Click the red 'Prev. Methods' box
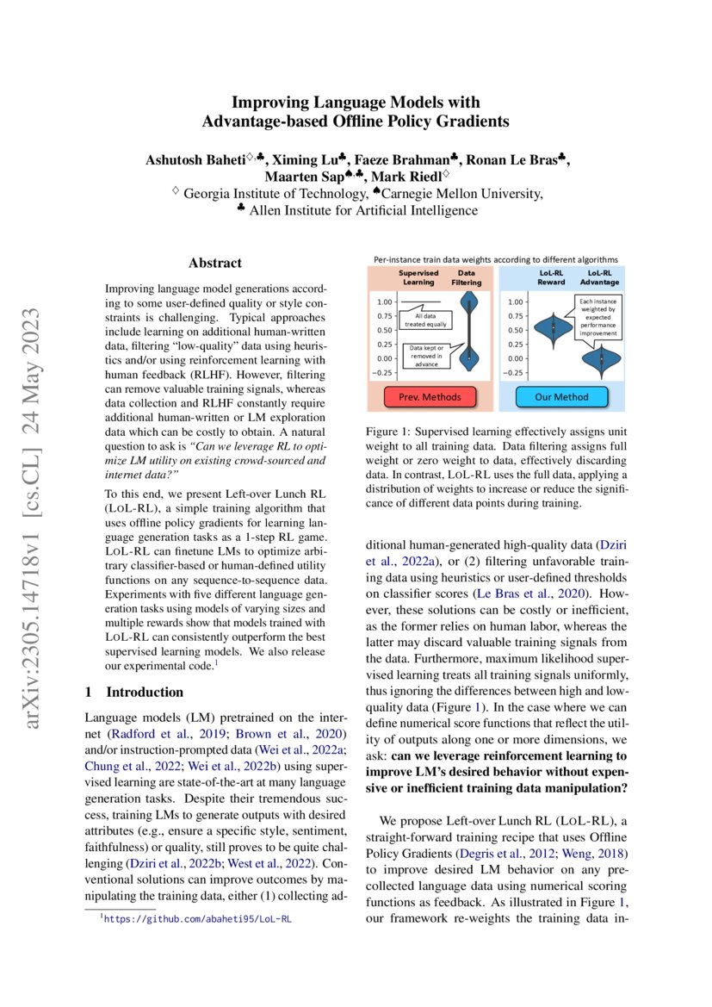[430, 396]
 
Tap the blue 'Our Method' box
[562, 396]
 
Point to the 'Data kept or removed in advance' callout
[426, 355]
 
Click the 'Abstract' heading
[215, 263]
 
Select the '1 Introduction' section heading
[135, 692]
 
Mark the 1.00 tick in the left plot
[385, 301]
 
